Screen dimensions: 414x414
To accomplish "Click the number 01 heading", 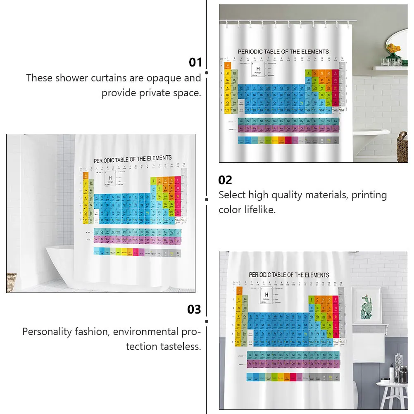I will [x=195, y=62].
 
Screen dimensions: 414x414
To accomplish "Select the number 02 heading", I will [x=225, y=180].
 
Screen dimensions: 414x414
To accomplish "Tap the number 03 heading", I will [x=194, y=309].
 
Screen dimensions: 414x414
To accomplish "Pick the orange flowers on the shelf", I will [x=393, y=48].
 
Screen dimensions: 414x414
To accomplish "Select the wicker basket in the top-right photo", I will [x=402, y=146].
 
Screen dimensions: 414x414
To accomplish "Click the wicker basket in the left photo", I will [x=12, y=282].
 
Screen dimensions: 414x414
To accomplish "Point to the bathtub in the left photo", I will [x=62, y=264].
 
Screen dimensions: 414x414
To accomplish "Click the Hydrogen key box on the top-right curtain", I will [x=258, y=71].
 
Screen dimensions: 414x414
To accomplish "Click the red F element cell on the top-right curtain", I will [x=335, y=73].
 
